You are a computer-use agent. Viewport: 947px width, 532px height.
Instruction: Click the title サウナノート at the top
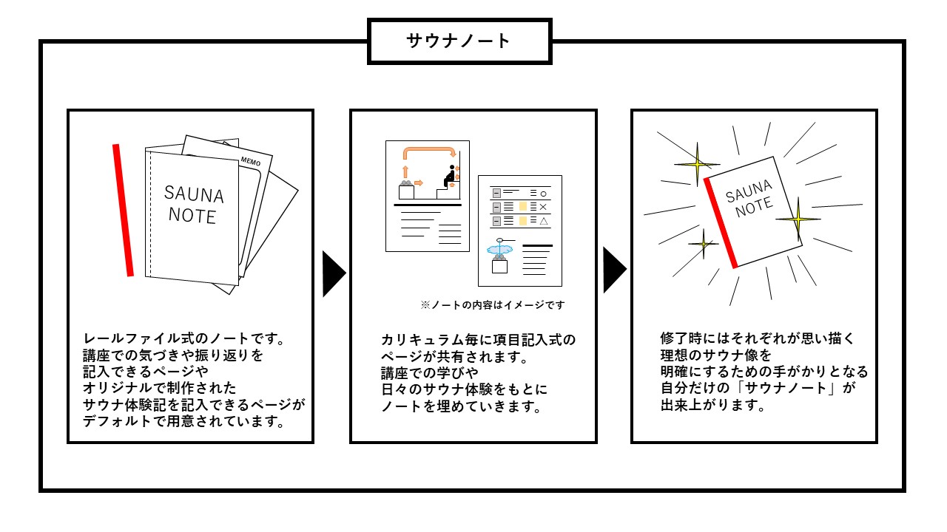(458, 41)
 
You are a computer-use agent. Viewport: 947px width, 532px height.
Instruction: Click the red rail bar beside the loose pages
(123, 211)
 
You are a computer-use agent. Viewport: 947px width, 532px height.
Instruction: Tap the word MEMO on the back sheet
(251, 161)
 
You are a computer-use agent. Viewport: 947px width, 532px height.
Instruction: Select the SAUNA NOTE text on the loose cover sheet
(194, 205)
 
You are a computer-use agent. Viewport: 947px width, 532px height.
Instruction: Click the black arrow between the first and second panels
(334, 273)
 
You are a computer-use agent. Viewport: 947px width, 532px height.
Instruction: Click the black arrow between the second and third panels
(615, 270)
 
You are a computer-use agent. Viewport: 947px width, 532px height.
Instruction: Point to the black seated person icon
(449, 176)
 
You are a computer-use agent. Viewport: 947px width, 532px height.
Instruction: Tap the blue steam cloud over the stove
(499, 249)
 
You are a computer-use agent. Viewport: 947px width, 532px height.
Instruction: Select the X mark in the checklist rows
(543, 207)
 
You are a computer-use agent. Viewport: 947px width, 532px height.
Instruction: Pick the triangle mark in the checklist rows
(544, 221)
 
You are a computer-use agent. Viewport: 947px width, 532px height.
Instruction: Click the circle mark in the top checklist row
(544, 194)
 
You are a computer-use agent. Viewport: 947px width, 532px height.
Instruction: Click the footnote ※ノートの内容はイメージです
(493, 305)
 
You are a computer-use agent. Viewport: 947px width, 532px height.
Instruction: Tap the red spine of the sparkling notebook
(721, 223)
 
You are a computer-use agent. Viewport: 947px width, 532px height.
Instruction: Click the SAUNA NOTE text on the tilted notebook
(750, 199)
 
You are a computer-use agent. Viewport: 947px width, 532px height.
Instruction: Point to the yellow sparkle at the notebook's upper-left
(697, 164)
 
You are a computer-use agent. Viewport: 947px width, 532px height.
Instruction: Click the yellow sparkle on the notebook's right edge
(798, 219)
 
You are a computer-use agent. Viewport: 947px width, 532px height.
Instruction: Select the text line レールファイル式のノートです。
(184, 338)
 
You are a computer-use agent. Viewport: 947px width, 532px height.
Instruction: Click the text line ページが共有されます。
(455, 357)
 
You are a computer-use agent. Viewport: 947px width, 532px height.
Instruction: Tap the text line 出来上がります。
(713, 406)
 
